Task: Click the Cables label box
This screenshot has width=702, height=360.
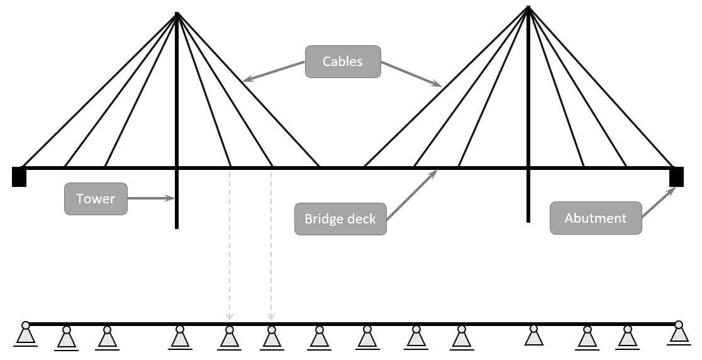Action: click(x=343, y=62)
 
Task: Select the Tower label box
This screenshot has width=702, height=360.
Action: click(x=96, y=199)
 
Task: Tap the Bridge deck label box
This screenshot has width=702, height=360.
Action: click(x=340, y=219)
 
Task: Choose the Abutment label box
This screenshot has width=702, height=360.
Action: click(x=596, y=218)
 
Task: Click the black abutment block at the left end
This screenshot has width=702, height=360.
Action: click(x=19, y=177)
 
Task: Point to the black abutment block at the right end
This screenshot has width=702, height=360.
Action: click(x=676, y=177)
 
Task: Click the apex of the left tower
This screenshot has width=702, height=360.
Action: click(x=177, y=14)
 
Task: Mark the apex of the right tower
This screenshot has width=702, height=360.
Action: click(x=528, y=8)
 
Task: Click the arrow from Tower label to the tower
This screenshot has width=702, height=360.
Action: click(x=151, y=198)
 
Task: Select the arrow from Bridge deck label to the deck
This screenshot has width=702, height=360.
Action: click(x=411, y=194)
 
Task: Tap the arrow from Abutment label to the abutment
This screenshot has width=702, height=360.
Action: click(x=658, y=202)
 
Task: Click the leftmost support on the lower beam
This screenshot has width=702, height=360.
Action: click(x=25, y=335)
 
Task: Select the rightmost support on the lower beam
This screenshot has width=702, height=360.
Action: click(x=678, y=334)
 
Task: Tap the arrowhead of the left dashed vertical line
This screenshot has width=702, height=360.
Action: click(x=230, y=317)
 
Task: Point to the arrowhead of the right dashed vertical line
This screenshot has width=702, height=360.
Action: click(x=271, y=317)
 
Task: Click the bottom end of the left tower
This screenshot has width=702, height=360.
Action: click(x=177, y=227)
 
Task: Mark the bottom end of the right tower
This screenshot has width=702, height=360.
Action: click(x=528, y=220)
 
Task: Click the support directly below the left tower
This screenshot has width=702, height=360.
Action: click(x=180, y=338)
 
